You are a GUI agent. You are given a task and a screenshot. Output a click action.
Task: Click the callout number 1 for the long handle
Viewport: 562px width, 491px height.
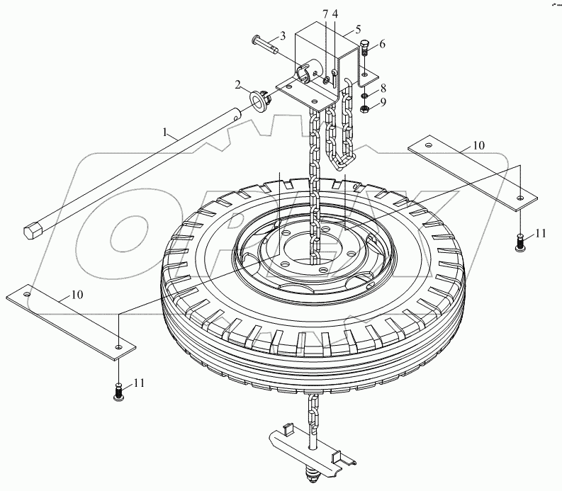click(165, 132)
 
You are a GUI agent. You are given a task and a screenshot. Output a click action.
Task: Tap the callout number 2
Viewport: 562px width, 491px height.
click(237, 85)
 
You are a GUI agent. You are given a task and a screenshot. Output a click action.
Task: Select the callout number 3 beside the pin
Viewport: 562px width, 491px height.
click(283, 36)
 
